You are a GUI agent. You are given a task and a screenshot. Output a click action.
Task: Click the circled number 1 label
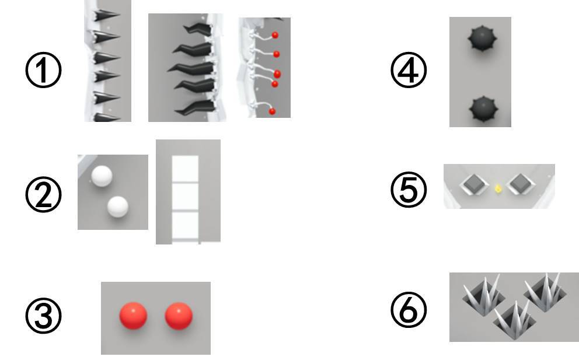pyautogui.click(x=43, y=70)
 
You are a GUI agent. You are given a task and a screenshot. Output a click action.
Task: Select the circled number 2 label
pyautogui.click(x=43, y=194)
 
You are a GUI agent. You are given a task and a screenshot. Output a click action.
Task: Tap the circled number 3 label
pyautogui.click(x=43, y=316)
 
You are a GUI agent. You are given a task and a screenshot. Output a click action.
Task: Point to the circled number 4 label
pyautogui.click(x=409, y=70)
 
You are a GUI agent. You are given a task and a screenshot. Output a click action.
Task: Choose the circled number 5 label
pyautogui.click(x=409, y=190)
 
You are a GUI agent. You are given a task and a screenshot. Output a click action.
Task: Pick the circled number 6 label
pyautogui.click(x=409, y=309)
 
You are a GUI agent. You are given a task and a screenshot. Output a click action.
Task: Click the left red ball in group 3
pyautogui.click(x=133, y=316)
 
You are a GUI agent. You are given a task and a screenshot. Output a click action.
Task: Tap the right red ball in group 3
pyautogui.click(x=179, y=316)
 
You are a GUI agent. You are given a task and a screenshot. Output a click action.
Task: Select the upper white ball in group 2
pyautogui.click(x=102, y=176)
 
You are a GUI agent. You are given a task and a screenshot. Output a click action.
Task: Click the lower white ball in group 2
pyautogui.click(x=118, y=207)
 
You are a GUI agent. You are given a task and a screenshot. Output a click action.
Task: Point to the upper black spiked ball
pyautogui.click(x=482, y=39)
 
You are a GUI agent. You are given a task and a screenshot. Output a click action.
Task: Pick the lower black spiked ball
pyautogui.click(x=483, y=109)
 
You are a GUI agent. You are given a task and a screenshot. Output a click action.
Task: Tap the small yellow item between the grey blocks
pyautogui.click(x=498, y=189)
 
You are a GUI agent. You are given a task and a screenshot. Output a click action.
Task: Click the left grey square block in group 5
pyautogui.click(x=474, y=184)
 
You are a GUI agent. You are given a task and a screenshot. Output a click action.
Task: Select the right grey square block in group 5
pyautogui.click(x=521, y=184)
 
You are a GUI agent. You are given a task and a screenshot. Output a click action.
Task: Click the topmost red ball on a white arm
pyautogui.click(x=275, y=36)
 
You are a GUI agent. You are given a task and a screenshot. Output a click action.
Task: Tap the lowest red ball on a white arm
pyautogui.click(x=272, y=111)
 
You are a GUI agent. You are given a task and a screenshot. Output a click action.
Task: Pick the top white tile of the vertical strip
pyautogui.click(x=186, y=169)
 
